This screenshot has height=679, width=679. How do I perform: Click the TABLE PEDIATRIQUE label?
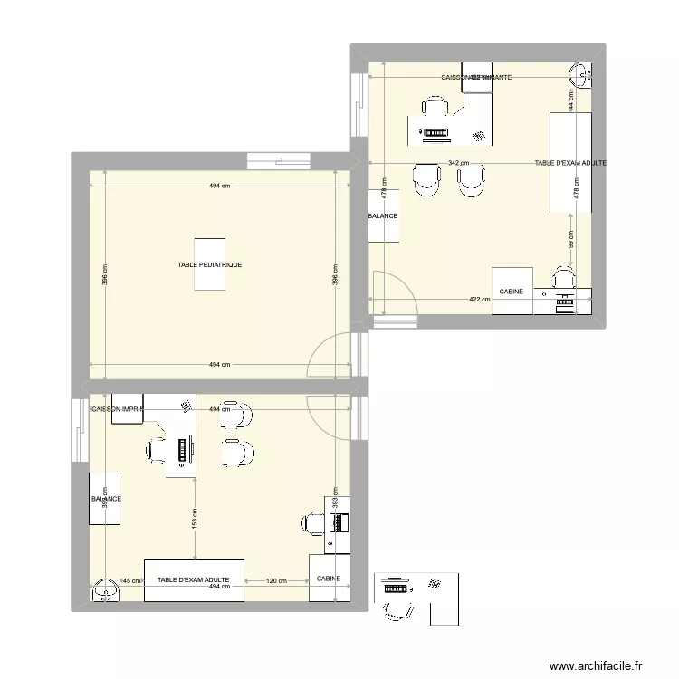[x=210, y=264]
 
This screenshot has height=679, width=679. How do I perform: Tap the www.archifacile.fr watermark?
[x=599, y=664]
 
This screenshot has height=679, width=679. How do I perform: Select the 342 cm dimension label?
[x=459, y=164]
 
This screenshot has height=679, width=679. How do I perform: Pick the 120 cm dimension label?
[x=276, y=580]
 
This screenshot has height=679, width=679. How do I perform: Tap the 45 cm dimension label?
[x=132, y=580]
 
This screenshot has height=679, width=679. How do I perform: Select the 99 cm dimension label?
[x=571, y=243]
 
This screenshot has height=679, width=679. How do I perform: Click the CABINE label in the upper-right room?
[x=512, y=292]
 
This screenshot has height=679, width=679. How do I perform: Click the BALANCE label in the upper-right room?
[x=383, y=217]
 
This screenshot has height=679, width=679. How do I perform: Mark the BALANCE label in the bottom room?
[x=106, y=499]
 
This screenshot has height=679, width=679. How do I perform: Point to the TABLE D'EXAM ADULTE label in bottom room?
[x=193, y=579]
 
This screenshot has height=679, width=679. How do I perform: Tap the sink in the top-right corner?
[x=580, y=71]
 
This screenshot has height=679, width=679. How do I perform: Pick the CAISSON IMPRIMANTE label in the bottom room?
[x=119, y=409]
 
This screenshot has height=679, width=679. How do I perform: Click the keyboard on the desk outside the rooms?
[x=396, y=587]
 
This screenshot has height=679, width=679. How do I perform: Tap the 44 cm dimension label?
[x=571, y=100]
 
